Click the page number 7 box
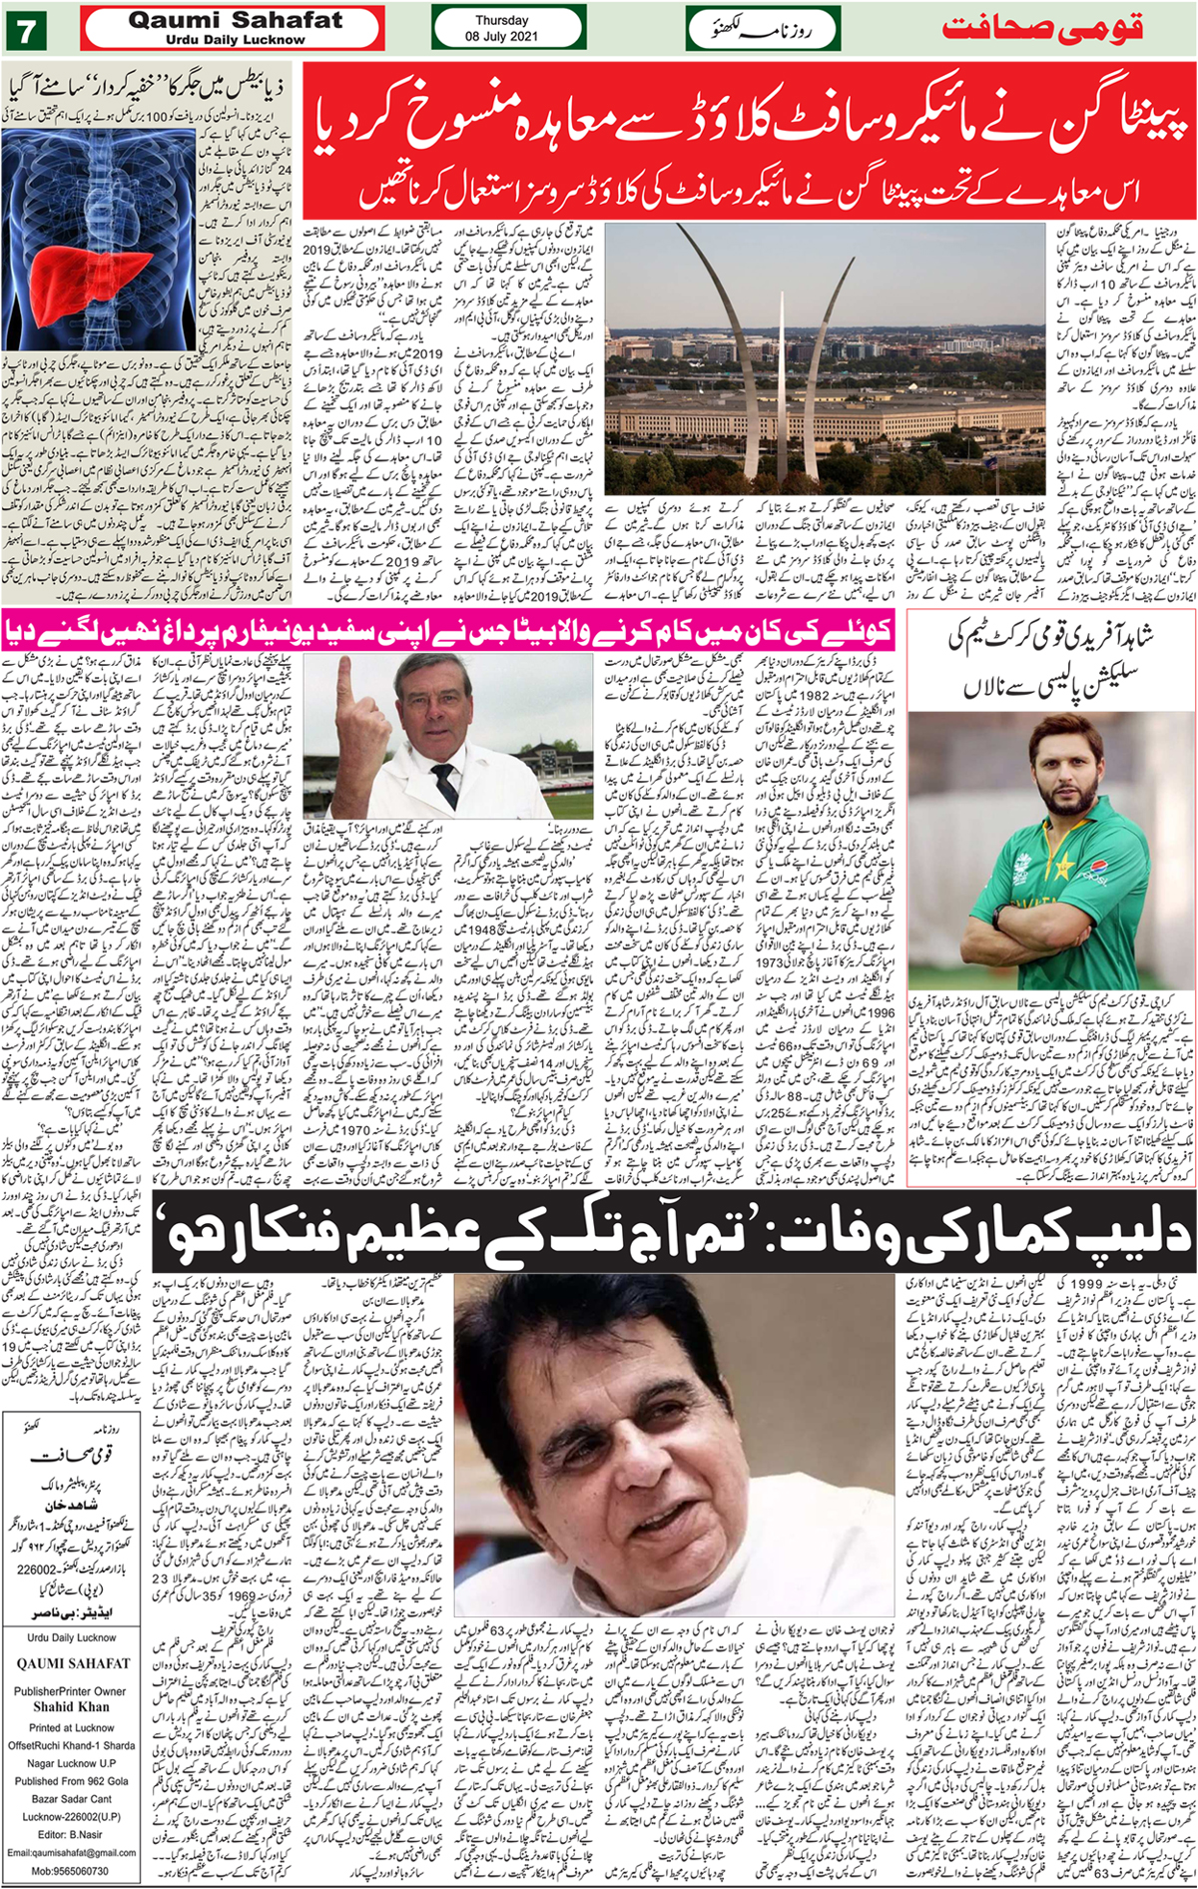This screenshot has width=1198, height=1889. point(25,29)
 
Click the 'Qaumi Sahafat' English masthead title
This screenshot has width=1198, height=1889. point(235,20)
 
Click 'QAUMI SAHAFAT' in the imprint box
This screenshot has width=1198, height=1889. point(73,1663)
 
